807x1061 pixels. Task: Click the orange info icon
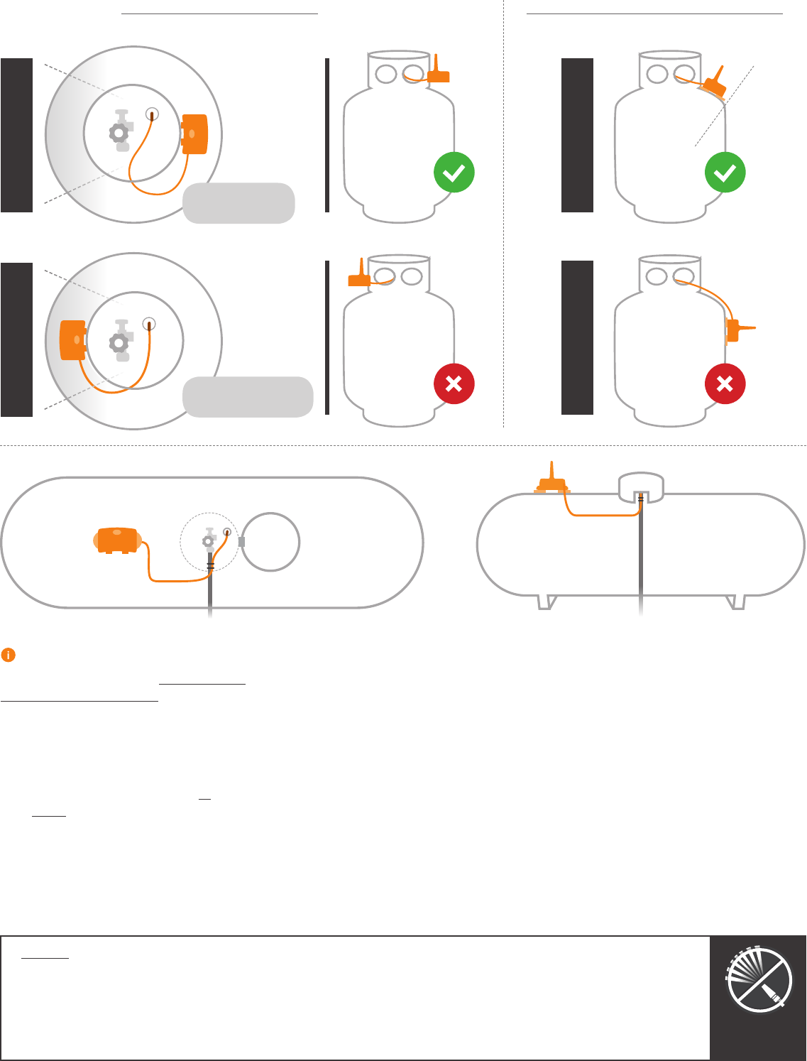(9, 655)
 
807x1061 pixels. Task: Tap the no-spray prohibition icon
(759, 979)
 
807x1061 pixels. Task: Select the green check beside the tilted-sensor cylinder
(725, 173)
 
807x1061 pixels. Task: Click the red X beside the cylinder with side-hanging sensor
(725, 384)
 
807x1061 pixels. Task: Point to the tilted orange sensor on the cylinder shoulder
(714, 85)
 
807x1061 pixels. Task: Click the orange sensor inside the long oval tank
(117, 540)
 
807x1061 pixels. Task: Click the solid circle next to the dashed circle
(270, 542)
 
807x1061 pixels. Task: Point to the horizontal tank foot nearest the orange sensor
(545, 602)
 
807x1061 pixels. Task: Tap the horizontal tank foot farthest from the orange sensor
(735, 602)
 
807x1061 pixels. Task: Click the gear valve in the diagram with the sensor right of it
(120, 132)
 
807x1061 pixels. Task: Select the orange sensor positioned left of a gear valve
(73, 340)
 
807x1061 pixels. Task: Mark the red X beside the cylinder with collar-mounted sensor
(454, 384)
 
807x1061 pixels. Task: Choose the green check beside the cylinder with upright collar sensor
(454, 173)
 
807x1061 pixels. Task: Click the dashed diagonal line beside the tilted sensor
(724, 107)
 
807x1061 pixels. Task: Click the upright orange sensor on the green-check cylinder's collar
(438, 72)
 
